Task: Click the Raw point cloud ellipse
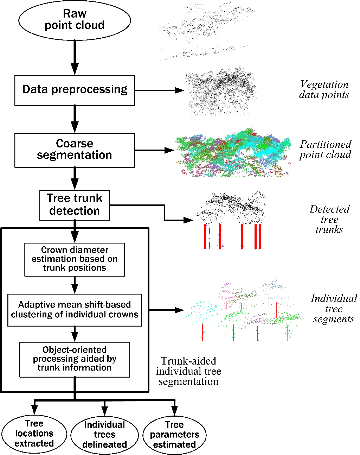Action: (x=75, y=20)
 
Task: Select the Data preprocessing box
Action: (x=75, y=90)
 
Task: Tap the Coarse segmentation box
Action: (x=75, y=150)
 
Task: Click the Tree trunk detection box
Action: (x=75, y=205)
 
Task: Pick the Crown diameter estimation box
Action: (x=75, y=259)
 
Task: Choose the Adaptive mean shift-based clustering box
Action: (x=75, y=310)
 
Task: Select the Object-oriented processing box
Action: (x=75, y=359)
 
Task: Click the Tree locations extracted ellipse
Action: (x=34, y=434)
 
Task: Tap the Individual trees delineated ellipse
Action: (x=104, y=435)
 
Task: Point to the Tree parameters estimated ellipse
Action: (x=174, y=435)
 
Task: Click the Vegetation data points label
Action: (x=324, y=90)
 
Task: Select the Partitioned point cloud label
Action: (x=325, y=150)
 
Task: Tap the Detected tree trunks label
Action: (x=329, y=219)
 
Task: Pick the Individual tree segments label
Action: (x=334, y=309)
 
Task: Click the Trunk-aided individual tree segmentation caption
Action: (x=188, y=371)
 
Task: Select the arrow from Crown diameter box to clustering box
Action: (x=75, y=285)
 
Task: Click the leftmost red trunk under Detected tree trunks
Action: (x=205, y=236)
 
